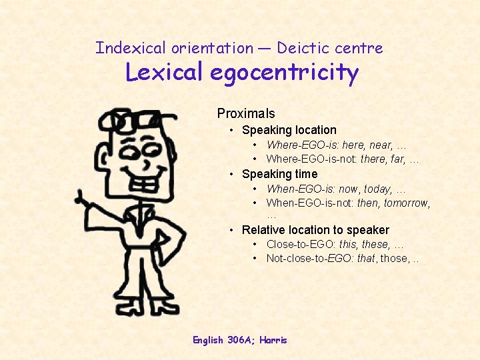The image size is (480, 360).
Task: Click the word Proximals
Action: (246, 113)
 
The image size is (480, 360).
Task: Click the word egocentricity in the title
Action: (284, 72)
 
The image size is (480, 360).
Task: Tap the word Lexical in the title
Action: (165, 72)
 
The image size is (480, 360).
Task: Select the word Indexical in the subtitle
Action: (130, 48)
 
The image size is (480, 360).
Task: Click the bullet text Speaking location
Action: (289, 130)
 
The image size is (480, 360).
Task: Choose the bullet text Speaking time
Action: (279, 174)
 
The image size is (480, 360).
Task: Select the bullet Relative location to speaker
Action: (315, 230)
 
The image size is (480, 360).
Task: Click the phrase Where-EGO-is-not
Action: (311, 159)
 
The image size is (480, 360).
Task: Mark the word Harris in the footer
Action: (273, 340)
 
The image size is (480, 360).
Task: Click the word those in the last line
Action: (393, 258)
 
